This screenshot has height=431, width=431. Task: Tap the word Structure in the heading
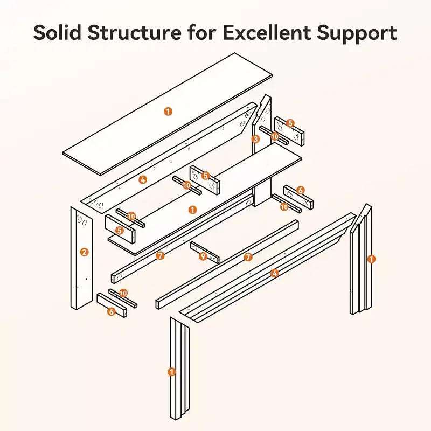[135, 32]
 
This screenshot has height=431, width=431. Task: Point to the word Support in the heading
[357, 33]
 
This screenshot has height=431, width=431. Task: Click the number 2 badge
[85, 252]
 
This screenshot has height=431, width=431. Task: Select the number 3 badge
[255, 139]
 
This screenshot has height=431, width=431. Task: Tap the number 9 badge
[203, 256]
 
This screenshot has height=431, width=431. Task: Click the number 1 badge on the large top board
[168, 112]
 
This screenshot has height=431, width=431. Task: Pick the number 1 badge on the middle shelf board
[193, 210]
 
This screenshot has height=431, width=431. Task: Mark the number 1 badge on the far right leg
[371, 259]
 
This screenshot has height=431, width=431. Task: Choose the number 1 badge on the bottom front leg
[172, 372]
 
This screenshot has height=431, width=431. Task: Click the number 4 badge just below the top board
[143, 180]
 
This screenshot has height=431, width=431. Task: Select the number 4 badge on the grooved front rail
[274, 273]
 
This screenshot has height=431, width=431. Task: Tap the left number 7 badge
[160, 256]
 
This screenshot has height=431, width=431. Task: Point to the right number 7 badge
[248, 258]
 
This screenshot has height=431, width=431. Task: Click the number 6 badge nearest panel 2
[112, 312]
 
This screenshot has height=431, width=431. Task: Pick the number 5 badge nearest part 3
[290, 123]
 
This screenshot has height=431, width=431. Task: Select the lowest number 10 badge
[123, 293]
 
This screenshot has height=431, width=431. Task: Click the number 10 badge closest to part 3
[275, 136]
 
